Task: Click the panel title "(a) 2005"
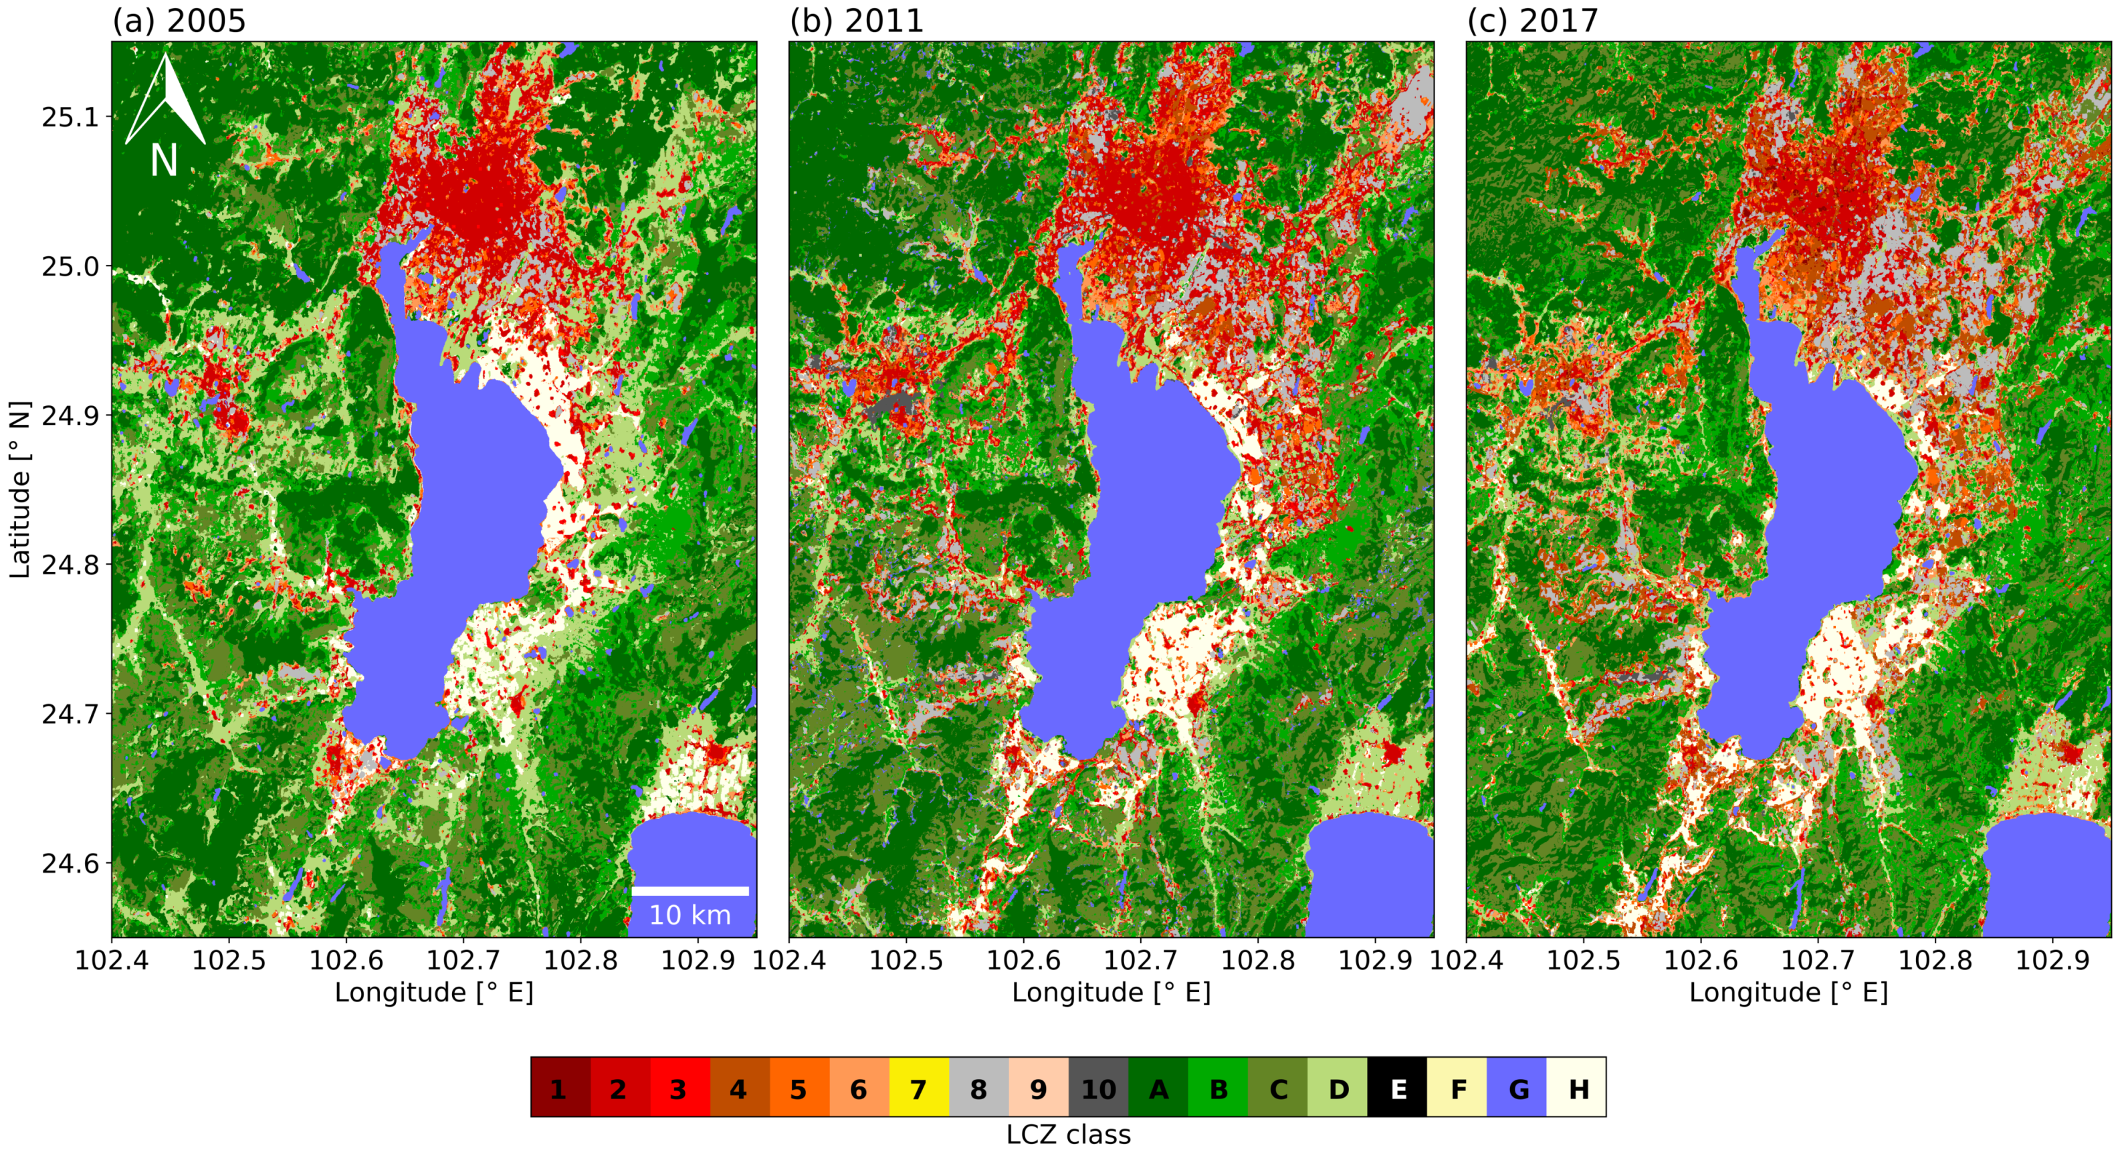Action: pyautogui.click(x=179, y=20)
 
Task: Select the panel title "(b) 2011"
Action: pyautogui.click(x=857, y=20)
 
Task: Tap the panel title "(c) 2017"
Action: pyautogui.click(x=1532, y=20)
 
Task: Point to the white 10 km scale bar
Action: pyautogui.click(x=689, y=891)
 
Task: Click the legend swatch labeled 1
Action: pyautogui.click(x=560, y=1088)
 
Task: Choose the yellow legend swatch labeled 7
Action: pyautogui.click(x=918, y=1088)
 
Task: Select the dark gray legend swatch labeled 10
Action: pyautogui.click(x=1098, y=1088)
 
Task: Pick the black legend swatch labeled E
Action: pyautogui.click(x=1397, y=1088)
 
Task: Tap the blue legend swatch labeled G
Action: pyautogui.click(x=1517, y=1088)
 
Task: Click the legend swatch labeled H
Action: pyautogui.click(x=1577, y=1088)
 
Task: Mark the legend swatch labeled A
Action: pyautogui.click(x=1158, y=1088)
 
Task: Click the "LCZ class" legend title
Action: pyautogui.click(x=1069, y=1135)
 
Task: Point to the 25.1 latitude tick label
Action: pyautogui.click(x=69, y=117)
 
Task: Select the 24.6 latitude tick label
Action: pyautogui.click(x=69, y=863)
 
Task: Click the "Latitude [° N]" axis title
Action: pyautogui.click(x=20, y=490)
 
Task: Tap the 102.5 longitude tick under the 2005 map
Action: pyautogui.click(x=229, y=961)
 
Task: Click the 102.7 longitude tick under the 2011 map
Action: pyautogui.click(x=1141, y=961)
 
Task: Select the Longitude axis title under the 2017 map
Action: pyautogui.click(x=1788, y=992)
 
